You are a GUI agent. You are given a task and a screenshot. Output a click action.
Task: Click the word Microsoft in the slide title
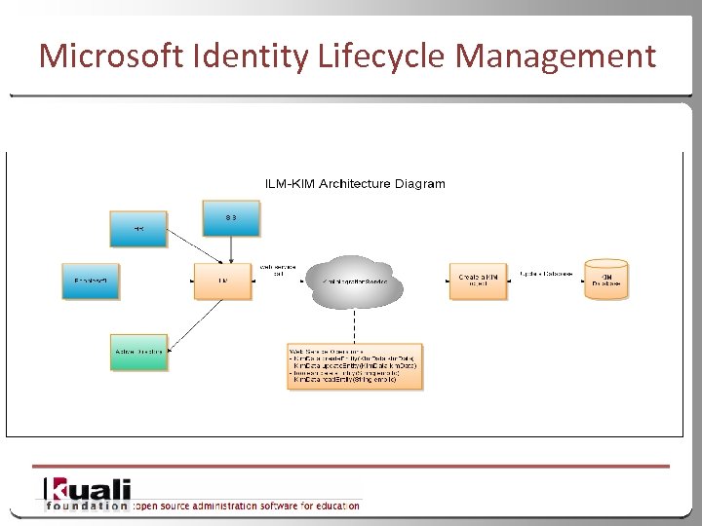[109, 56]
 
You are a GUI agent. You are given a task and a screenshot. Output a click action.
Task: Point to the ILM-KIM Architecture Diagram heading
[355, 183]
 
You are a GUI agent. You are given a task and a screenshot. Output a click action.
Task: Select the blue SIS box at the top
[231, 218]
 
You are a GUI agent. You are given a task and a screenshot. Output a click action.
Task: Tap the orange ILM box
[222, 280]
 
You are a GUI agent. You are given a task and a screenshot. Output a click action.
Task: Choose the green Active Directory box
[138, 352]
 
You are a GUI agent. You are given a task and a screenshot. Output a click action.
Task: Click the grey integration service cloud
[355, 281]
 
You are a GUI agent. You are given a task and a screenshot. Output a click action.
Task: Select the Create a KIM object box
[479, 280]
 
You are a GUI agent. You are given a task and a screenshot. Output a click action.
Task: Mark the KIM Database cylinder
[606, 280]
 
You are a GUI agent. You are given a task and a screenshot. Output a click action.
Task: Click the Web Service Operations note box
[355, 366]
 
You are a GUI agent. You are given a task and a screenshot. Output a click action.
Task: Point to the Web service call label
[277, 270]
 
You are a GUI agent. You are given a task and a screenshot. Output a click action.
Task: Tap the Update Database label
[545, 273]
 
